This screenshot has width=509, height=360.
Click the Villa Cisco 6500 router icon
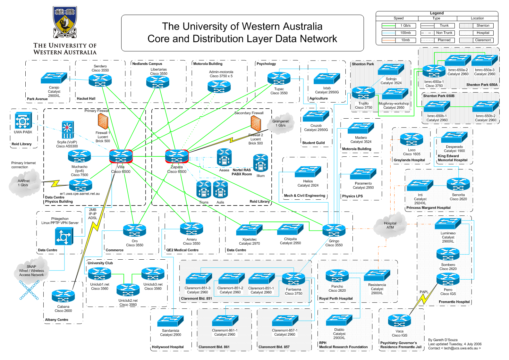pyautogui.click(x=121, y=156)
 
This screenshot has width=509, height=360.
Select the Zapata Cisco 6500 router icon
pyautogui.click(x=177, y=156)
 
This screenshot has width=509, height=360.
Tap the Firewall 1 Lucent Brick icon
pyautogui.click(x=103, y=122)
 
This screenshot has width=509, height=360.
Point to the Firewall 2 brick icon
pyautogui.click(x=256, y=124)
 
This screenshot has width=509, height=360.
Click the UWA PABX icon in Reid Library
pyautogui.click(x=23, y=121)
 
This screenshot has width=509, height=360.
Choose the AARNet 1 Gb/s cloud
pyautogui.click(x=24, y=183)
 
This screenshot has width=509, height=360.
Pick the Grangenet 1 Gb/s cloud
pyautogui.click(x=281, y=123)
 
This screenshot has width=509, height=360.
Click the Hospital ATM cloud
pyautogui.click(x=390, y=226)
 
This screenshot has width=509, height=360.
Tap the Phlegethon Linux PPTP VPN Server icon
pyautogui.click(x=64, y=237)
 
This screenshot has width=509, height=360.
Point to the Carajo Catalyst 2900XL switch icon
pyautogui.click(x=54, y=78)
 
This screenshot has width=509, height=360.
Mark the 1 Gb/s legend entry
pyautogui.click(x=399, y=26)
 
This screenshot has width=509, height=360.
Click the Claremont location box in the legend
pyautogui.click(x=476, y=40)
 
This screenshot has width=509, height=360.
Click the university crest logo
pyautogui.click(x=65, y=22)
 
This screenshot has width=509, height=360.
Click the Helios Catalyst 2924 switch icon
pyautogui.click(x=308, y=172)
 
